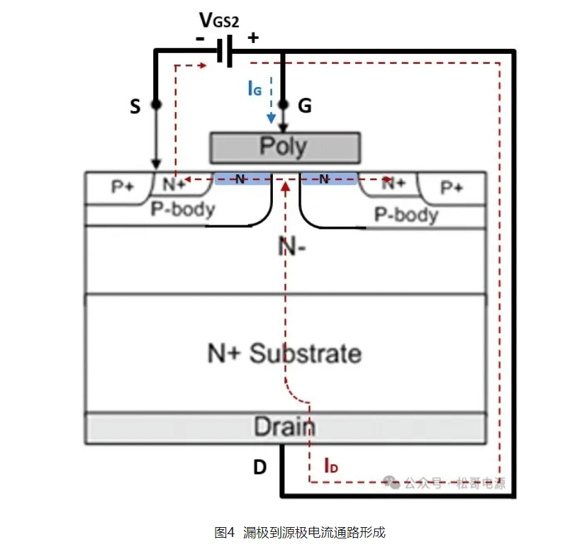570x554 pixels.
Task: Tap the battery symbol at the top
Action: click(x=225, y=51)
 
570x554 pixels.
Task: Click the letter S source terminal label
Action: click(x=135, y=106)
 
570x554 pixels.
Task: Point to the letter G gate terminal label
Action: click(x=305, y=106)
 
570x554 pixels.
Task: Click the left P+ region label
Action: click(x=123, y=187)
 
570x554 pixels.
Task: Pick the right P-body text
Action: click(x=406, y=213)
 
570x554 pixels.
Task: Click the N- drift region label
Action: click(x=292, y=247)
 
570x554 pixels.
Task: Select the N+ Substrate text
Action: click(x=284, y=353)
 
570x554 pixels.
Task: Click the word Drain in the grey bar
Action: click(x=285, y=427)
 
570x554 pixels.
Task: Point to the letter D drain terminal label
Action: click(x=260, y=468)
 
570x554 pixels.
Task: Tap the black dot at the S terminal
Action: click(x=156, y=104)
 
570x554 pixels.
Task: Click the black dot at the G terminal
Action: click(x=284, y=104)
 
